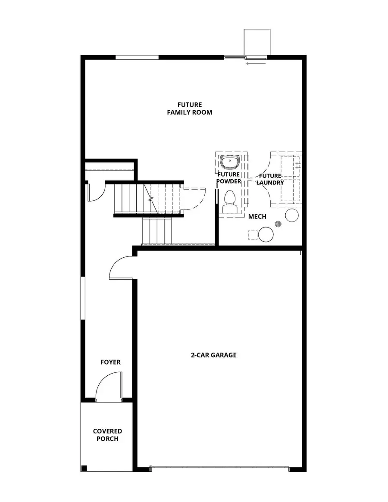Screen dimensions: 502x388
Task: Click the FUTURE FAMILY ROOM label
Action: [190, 109]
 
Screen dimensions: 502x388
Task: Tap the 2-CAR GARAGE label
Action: [214, 355]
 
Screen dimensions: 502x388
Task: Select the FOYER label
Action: [110, 362]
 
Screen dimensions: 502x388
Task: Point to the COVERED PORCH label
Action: [107, 435]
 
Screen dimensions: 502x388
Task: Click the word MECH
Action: [257, 216]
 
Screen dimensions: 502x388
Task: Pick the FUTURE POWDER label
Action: [228, 178]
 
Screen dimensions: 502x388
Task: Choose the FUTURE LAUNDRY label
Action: [270, 179]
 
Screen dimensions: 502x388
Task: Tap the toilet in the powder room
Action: [229, 203]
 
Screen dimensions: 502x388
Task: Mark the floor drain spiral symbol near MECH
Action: [278, 224]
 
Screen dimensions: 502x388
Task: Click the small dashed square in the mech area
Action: [252, 235]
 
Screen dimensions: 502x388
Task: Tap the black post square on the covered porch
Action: [84, 468]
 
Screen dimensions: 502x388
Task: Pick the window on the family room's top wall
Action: [137, 57]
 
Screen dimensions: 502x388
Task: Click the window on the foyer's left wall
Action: [83, 298]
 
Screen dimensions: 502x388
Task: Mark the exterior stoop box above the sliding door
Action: [257, 42]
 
